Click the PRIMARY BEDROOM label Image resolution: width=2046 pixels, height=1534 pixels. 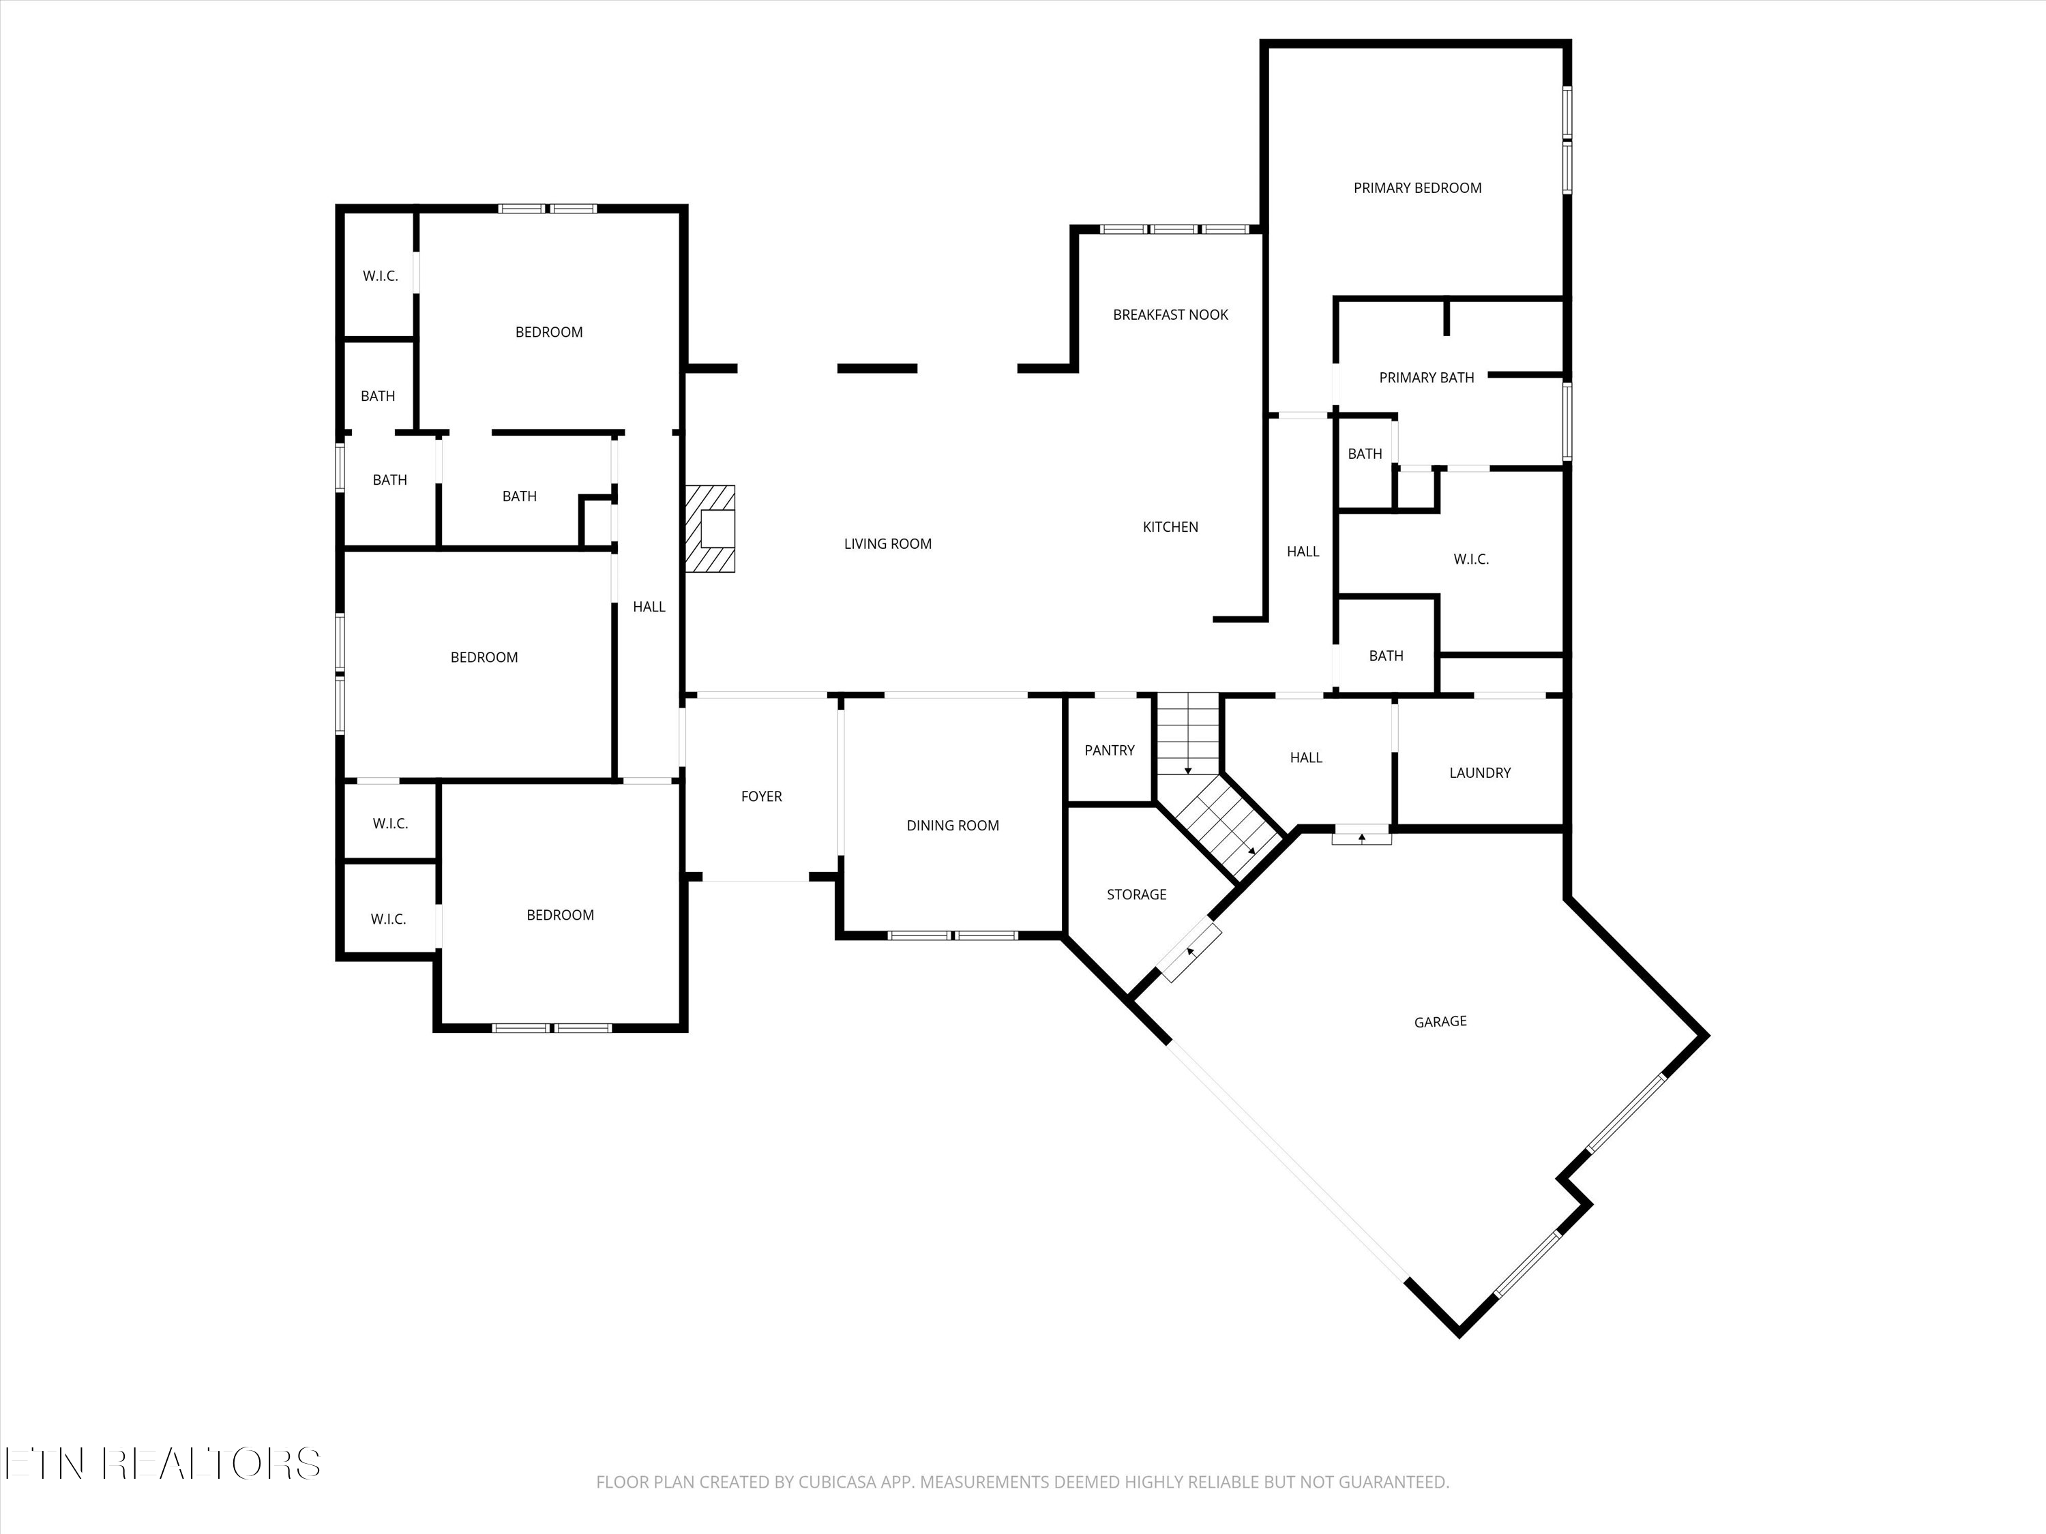click(1417, 187)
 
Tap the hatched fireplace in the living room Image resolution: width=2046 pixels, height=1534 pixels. click(709, 529)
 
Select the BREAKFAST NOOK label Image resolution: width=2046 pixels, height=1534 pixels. click(1170, 314)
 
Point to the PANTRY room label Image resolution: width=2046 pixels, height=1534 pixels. click(1109, 750)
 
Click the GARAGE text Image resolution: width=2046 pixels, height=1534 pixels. click(1440, 1021)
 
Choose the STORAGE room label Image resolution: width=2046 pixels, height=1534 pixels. click(1136, 894)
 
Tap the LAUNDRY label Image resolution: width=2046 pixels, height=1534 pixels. click(1479, 772)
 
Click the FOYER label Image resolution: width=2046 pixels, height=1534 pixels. click(761, 796)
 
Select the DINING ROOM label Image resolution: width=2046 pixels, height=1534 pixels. click(952, 825)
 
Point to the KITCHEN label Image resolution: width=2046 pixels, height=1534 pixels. click(1170, 526)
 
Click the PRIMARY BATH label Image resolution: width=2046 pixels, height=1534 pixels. click(1425, 377)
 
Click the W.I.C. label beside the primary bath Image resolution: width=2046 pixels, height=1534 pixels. click(1470, 558)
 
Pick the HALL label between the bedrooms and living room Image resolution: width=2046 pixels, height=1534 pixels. click(649, 607)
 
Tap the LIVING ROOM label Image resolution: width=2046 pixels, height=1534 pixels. click(887, 543)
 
